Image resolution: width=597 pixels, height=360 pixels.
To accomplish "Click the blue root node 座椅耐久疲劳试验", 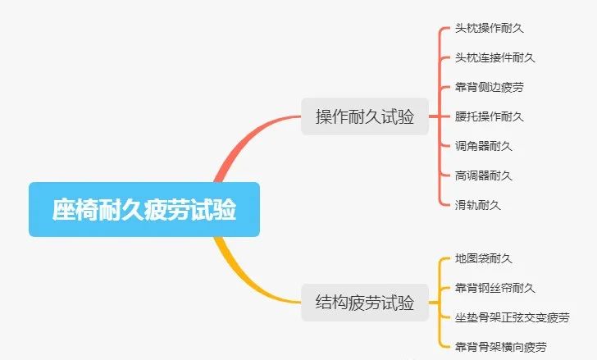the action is [x=144, y=210].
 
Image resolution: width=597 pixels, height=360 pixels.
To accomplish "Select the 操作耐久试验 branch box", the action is [x=364, y=116].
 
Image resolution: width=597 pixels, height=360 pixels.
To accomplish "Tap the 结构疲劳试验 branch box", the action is [x=364, y=302].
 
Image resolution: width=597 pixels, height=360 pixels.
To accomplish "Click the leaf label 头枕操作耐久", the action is [x=489, y=29].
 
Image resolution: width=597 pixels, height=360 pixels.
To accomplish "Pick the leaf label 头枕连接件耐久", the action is [x=494, y=58].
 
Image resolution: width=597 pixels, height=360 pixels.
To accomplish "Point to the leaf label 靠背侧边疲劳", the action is [x=489, y=87].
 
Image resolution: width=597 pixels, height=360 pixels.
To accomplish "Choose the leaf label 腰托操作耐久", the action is [x=489, y=116].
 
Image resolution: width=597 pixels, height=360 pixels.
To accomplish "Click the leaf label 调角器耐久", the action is [x=483, y=146].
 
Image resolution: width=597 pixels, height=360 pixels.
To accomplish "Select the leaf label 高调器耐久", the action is [x=483, y=175].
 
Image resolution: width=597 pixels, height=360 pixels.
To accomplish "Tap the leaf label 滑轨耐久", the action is [x=477, y=205].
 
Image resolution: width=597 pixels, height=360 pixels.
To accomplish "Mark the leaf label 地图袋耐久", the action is [x=483, y=259].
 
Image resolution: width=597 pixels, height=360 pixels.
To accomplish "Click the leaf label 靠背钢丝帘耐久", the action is [x=494, y=288].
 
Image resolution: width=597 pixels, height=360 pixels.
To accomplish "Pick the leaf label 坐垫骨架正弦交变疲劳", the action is [x=512, y=317].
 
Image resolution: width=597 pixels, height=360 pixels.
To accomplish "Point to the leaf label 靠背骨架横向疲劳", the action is [x=500, y=346].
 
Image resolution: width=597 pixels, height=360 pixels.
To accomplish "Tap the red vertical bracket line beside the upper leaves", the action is [x=441, y=116].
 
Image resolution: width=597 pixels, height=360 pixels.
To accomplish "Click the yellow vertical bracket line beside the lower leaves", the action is [x=441, y=302].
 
